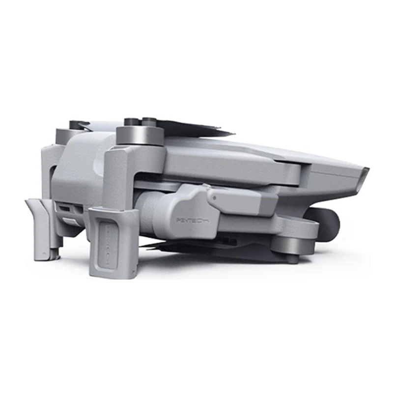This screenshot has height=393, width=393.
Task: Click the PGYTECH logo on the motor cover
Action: (x=192, y=221)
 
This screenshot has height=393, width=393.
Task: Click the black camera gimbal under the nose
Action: (x=327, y=222)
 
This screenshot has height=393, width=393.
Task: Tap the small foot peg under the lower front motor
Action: (x=292, y=258)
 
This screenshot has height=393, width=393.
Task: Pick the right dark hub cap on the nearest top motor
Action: (x=149, y=120)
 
